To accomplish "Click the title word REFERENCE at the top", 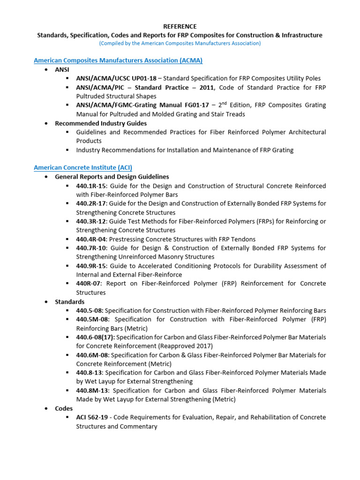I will coord(180,27).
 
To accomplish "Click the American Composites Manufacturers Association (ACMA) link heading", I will coord(118,60).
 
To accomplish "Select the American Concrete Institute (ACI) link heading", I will coord(86,167).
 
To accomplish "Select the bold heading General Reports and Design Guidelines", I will coord(112,177).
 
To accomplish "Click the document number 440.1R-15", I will coord(91,186).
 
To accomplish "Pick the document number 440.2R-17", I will coord(91,203).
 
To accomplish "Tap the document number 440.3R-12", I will coord(91,221).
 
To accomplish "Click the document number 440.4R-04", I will coord(91,239).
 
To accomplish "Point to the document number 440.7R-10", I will coord(91,248).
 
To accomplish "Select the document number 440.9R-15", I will coord(91,266).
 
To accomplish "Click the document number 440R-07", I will coord(89,284).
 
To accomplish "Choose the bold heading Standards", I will coord(70,301).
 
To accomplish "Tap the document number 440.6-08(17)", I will coord(96,337).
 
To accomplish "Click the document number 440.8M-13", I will coord(93,390).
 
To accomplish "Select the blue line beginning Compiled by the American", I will coord(180,43).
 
